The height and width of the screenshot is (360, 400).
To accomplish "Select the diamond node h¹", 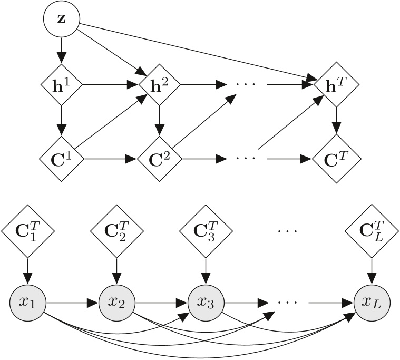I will click(x=62, y=84).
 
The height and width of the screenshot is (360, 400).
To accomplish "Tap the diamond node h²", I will click(x=159, y=84).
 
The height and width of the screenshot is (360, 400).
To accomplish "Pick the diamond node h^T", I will click(x=336, y=84).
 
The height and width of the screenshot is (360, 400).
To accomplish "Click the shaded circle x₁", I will click(x=27, y=303).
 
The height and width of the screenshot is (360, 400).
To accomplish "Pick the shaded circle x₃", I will click(x=204, y=303).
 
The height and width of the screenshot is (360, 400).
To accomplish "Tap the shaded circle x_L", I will click(x=371, y=303).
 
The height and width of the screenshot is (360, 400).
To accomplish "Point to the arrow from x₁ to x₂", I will click(x=72, y=303).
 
